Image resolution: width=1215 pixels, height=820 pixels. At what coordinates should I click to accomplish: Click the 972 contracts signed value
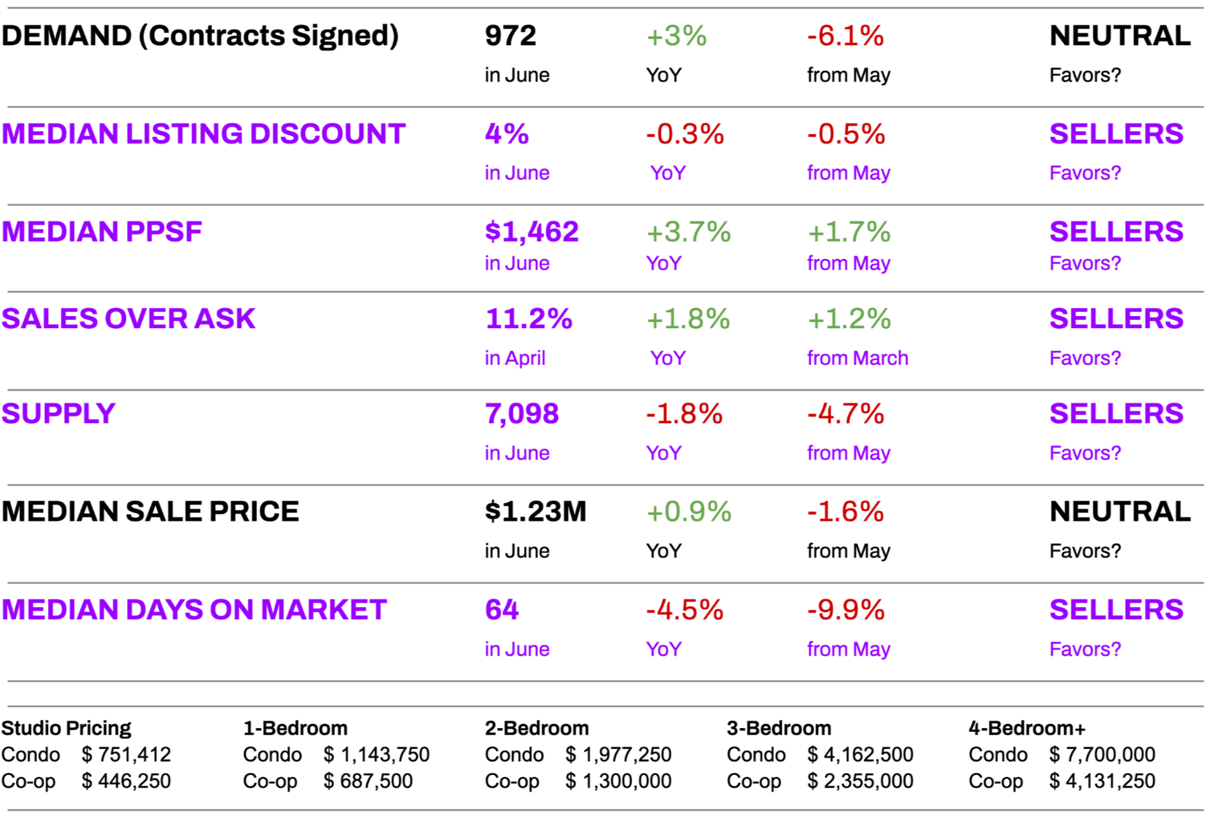(510, 35)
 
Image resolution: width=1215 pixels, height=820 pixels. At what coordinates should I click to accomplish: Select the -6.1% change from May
(845, 35)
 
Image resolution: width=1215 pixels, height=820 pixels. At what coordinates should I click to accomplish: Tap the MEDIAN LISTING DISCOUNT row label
(203, 134)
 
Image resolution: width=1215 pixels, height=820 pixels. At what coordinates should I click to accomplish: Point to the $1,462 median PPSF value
(532, 232)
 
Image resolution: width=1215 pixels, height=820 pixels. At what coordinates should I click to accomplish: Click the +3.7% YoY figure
(688, 232)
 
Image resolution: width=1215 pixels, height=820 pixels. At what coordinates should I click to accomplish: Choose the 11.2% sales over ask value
(528, 319)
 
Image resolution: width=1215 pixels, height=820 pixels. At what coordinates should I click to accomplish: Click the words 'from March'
(857, 358)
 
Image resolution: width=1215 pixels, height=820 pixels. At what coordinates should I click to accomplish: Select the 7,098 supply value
(521, 413)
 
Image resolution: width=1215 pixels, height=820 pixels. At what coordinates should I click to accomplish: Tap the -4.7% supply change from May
(845, 413)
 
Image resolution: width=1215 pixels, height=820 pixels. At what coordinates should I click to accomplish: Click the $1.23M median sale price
(535, 512)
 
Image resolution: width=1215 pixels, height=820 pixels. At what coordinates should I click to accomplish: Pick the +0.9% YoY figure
(688, 512)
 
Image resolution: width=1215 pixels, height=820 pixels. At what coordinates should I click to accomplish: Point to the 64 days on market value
(501, 610)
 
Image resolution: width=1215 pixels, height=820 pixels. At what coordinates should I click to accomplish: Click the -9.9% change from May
(845, 610)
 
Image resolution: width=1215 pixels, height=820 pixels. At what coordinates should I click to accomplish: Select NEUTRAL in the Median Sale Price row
(1119, 512)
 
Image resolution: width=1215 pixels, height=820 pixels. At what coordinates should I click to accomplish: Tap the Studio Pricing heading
(66, 728)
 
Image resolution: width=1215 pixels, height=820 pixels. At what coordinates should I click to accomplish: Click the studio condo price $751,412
(126, 755)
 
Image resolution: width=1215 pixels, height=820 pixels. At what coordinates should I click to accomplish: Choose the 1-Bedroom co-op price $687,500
(368, 781)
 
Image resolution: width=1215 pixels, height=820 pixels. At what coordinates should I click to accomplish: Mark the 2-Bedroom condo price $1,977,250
(618, 755)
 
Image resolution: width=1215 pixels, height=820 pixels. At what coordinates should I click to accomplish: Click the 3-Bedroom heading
(778, 728)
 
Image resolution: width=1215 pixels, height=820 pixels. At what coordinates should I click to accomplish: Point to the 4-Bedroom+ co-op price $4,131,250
(1102, 781)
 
